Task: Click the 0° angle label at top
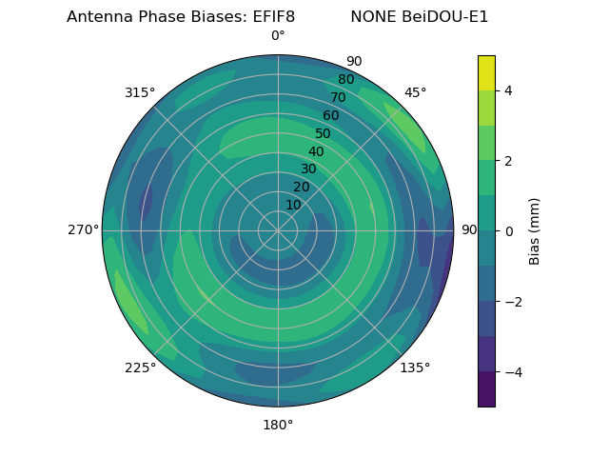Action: pyautogui.click(x=278, y=36)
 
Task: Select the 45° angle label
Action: pyautogui.click(x=415, y=92)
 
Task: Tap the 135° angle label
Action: pyautogui.click(x=415, y=368)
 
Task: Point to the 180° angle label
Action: pyautogui.click(x=278, y=425)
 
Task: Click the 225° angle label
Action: pyautogui.click(x=140, y=368)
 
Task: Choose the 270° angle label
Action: pyautogui.click(x=83, y=229)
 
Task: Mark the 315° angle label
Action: pyautogui.click(x=140, y=92)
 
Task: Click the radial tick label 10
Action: pyautogui.click(x=293, y=205)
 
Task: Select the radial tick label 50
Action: pyautogui.click(x=324, y=133)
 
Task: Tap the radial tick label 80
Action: pyautogui.click(x=346, y=79)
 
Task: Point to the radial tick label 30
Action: pyautogui.click(x=308, y=169)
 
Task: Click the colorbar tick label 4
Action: pyautogui.click(x=509, y=90)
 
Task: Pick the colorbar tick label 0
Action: pyautogui.click(x=509, y=231)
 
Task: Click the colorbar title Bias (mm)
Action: pyautogui.click(x=535, y=231)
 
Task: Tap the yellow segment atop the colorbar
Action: pyautogui.click(x=486, y=72)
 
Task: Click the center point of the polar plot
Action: pyautogui.click(x=278, y=230)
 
